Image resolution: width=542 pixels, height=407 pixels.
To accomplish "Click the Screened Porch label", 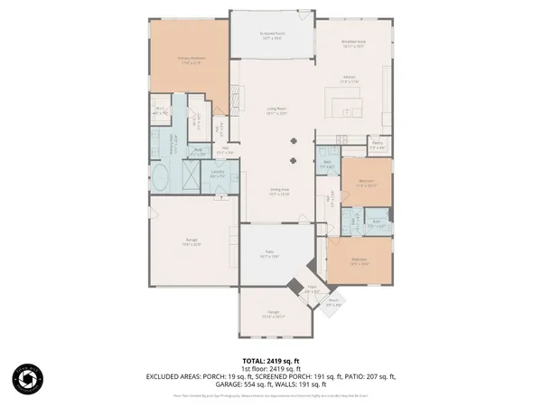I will [x=272, y=37].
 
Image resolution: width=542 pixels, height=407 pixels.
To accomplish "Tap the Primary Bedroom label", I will [x=191, y=60].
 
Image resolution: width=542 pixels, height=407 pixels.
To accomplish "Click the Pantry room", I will [x=378, y=146].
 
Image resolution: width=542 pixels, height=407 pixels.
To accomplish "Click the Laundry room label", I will [x=218, y=174].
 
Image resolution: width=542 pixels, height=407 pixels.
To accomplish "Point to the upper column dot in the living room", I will [x=293, y=140].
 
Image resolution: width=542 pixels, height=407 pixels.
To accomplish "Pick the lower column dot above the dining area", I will [x=293, y=160].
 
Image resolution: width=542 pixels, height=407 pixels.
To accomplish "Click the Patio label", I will [x=269, y=254].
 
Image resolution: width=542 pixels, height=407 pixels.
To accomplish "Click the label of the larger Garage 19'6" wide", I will [x=192, y=243].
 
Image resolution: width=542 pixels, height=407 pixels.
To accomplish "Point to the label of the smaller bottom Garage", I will [x=274, y=315].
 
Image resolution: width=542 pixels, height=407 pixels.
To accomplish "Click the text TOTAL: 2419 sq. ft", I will [x=271, y=360].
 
